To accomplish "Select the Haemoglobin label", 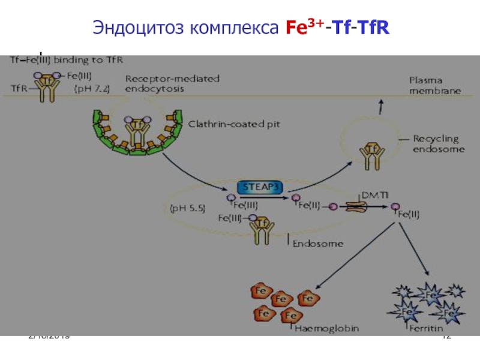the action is [321, 328].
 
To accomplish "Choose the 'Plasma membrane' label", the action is [435, 85].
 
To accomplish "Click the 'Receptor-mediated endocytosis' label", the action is [172, 83].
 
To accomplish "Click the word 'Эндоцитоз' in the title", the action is [137, 28].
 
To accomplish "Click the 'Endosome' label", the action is [319, 244].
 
